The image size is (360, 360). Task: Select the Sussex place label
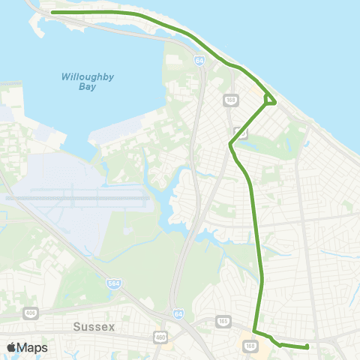pyautogui.click(x=97, y=327)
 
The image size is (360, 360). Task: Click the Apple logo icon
pyautogui.click(x=11, y=347)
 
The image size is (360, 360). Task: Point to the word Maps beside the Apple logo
pyautogui.click(x=33, y=347)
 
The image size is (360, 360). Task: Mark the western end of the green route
pyautogui.click(x=52, y=13)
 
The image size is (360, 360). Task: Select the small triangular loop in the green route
pyautogui.click(x=269, y=98)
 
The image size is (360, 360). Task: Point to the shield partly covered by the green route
pyautogui.click(x=240, y=132)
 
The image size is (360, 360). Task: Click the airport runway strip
pyautogui.click(x=75, y=199)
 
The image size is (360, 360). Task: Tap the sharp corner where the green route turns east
pyautogui.click(x=255, y=331)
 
